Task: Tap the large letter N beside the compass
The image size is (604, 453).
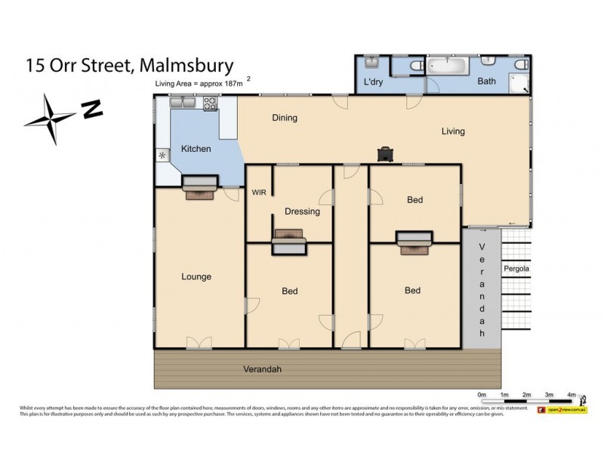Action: tap(93, 110)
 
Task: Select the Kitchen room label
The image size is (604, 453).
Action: tap(195, 149)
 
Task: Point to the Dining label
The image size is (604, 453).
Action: tap(285, 118)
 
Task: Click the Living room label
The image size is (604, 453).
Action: tap(453, 131)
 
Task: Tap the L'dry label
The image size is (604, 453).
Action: tap(374, 82)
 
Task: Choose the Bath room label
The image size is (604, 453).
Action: tap(486, 82)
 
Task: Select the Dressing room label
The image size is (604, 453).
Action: tap(302, 211)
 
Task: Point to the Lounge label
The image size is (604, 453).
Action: tap(196, 276)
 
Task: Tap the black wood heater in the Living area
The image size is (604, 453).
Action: tap(386, 154)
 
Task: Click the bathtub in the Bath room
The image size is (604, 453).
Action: tap(450, 66)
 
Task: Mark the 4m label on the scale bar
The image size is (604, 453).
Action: tap(572, 395)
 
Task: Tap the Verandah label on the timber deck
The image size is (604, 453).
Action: tap(257, 369)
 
